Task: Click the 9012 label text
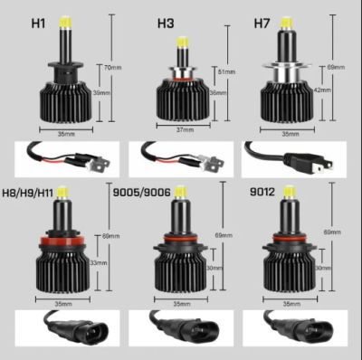click(x=260, y=191)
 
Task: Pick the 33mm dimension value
click(x=99, y=263)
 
